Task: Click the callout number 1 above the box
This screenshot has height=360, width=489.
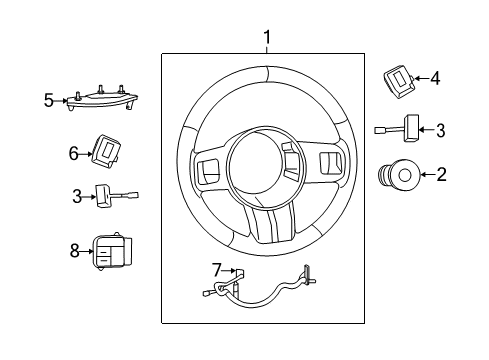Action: [x=267, y=37]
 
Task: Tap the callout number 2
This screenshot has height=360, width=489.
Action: [x=441, y=174]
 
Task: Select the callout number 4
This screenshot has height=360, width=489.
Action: [x=435, y=77]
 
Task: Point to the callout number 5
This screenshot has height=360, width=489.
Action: [x=49, y=99]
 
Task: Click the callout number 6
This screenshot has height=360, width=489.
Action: [x=73, y=153]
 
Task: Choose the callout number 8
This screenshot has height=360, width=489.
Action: [x=73, y=251]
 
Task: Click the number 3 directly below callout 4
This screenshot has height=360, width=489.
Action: [x=439, y=128]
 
